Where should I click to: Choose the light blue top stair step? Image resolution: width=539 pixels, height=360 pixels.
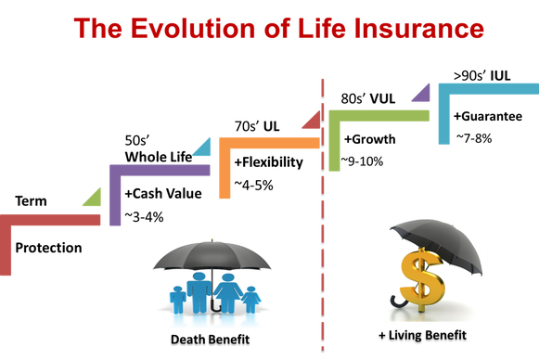(482, 88)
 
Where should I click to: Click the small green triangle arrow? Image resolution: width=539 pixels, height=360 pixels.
(93, 196)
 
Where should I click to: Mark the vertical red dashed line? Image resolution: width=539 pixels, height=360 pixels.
(322, 241)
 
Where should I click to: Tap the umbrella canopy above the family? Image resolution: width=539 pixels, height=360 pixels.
(212, 255)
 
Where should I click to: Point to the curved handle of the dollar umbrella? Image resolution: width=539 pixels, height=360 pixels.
(398, 302)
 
